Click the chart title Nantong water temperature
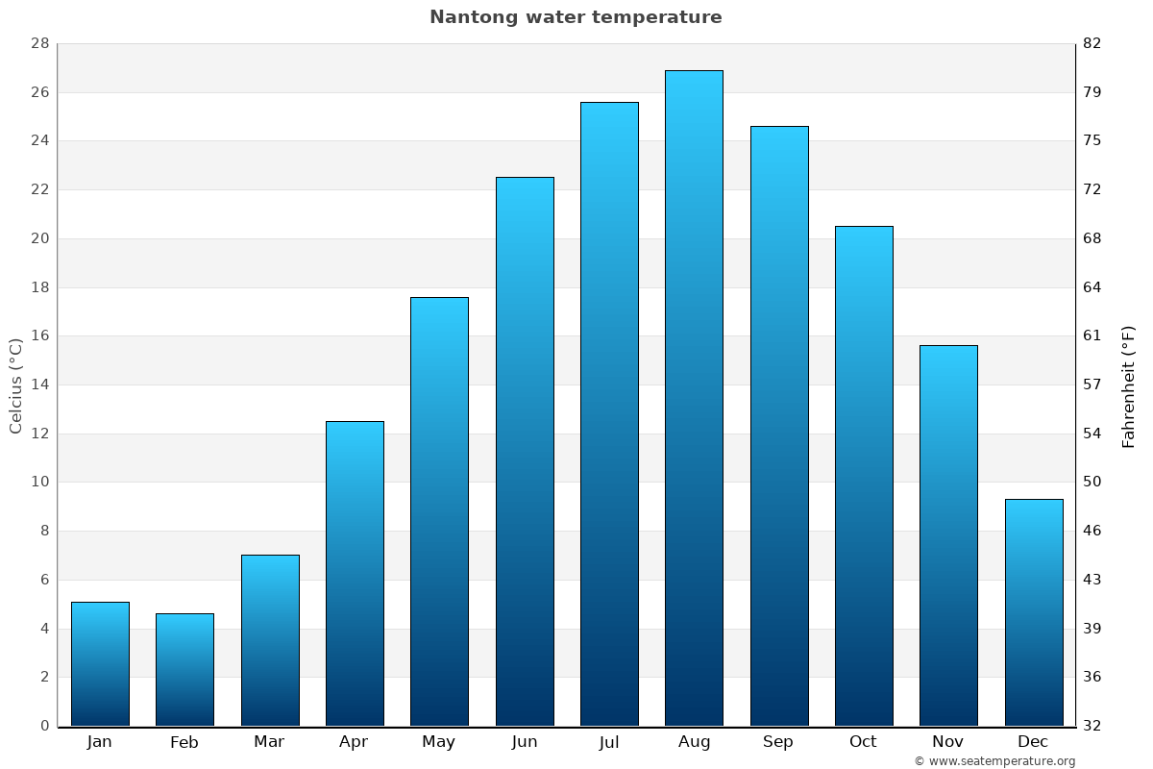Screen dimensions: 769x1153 click(x=576, y=17)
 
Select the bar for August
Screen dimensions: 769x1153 click(x=694, y=398)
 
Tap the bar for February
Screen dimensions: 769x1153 click(x=184, y=669)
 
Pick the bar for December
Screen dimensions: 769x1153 click(x=1033, y=612)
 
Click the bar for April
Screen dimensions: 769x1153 click(x=355, y=573)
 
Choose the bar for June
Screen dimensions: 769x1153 click(x=525, y=451)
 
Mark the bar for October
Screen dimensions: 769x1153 click(x=864, y=476)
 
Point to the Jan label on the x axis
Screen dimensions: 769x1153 click(x=100, y=742)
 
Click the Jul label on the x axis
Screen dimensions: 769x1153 click(x=609, y=742)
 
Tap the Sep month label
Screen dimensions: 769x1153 click(x=778, y=742)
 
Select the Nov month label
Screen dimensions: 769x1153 click(x=948, y=742)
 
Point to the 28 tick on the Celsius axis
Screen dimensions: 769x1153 click(x=39, y=43)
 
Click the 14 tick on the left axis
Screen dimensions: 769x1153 click(x=39, y=384)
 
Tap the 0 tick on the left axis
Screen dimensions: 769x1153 click(x=44, y=726)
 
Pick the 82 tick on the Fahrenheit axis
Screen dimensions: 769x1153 click(x=1092, y=43)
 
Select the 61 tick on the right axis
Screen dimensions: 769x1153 click(x=1092, y=335)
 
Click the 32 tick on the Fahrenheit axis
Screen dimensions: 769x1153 click(x=1092, y=726)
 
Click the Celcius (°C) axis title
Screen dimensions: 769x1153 click(x=15, y=385)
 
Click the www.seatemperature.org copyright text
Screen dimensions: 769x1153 click(x=994, y=761)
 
